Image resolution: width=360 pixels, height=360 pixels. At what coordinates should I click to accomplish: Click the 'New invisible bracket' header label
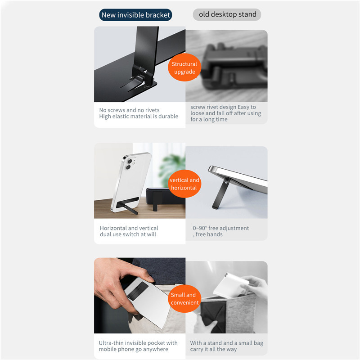136,15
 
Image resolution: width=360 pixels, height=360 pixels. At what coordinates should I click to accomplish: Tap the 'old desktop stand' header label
227,14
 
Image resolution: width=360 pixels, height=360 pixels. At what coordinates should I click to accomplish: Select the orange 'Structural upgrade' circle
184,68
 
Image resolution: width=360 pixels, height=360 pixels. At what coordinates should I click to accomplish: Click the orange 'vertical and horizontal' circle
184,184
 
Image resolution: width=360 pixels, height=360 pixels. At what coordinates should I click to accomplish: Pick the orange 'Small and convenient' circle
184,299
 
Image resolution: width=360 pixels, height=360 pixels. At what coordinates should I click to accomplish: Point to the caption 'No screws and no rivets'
129,110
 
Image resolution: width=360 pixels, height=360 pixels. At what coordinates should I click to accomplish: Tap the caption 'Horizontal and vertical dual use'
129,231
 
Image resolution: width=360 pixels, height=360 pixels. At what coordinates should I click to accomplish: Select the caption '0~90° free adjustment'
220,228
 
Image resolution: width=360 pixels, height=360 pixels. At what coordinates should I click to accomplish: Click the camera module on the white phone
129,164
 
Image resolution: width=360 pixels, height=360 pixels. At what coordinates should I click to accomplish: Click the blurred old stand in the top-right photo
229,67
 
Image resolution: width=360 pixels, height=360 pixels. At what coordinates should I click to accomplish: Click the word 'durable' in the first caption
167,117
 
